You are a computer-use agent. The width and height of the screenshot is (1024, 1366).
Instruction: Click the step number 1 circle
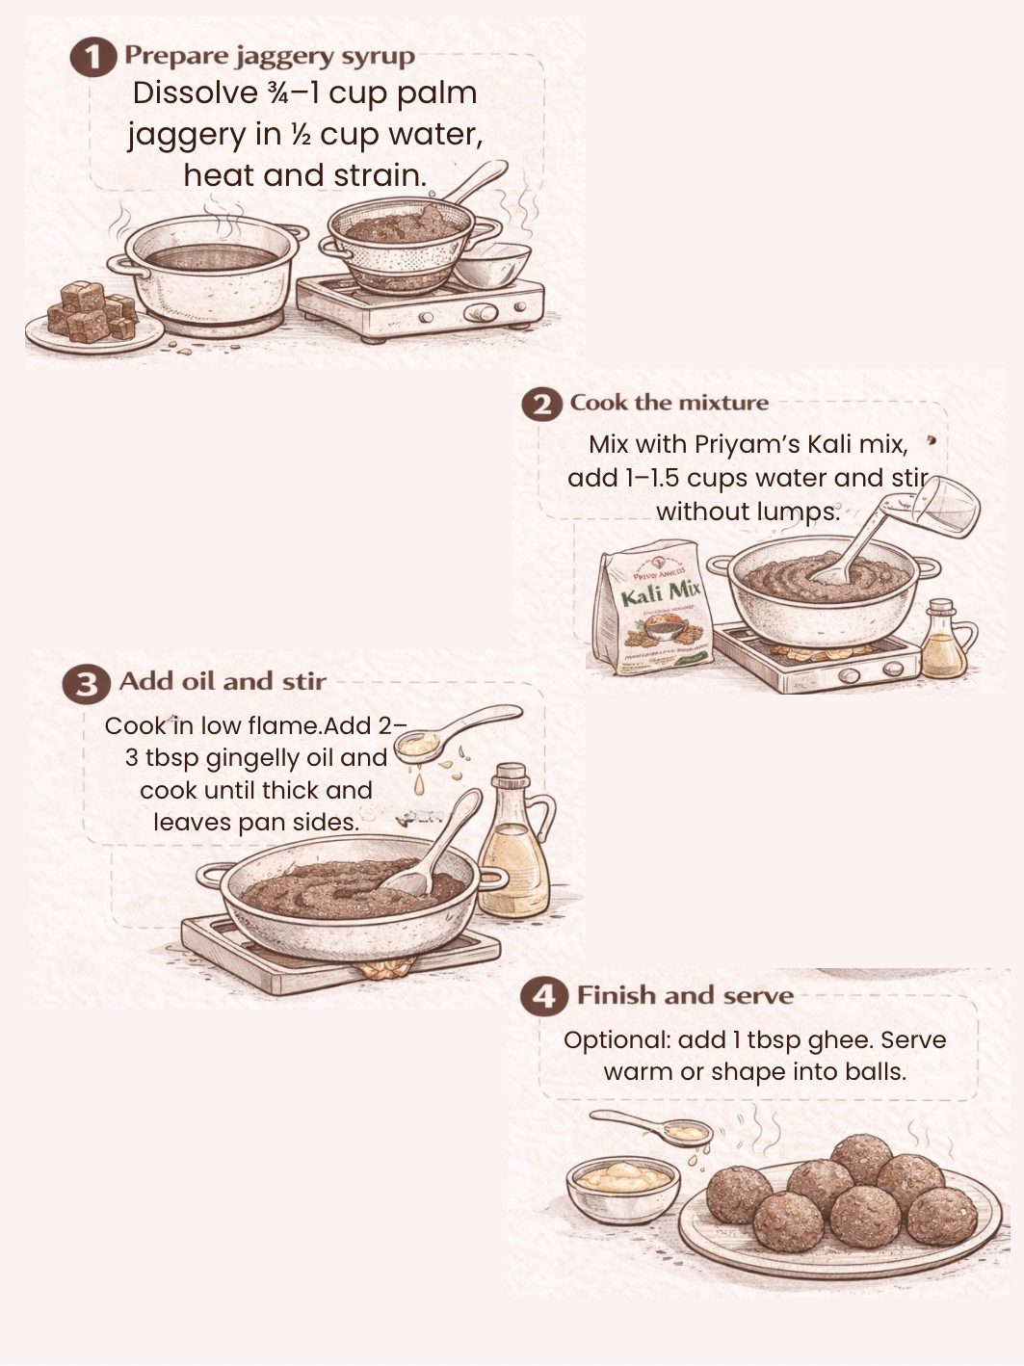pos(92,57)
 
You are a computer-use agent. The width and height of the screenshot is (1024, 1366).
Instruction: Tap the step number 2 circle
pos(541,406)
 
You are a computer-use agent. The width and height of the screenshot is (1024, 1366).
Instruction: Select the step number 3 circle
pos(87,684)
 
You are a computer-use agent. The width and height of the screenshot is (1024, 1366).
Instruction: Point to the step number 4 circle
pos(543,996)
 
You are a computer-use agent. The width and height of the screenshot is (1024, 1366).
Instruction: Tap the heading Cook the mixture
pos(670,402)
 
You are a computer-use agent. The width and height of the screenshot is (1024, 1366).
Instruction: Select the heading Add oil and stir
pos(223,681)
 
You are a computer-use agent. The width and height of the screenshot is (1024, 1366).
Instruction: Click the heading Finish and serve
pos(685,995)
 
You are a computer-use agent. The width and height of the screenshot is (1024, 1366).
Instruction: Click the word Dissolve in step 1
pos(196,93)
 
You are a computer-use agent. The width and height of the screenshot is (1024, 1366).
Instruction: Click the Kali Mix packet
pos(653,608)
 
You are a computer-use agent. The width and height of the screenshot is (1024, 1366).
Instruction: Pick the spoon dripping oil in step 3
pos(457,729)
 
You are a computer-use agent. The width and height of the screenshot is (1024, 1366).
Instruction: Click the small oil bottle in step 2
pos(946,639)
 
